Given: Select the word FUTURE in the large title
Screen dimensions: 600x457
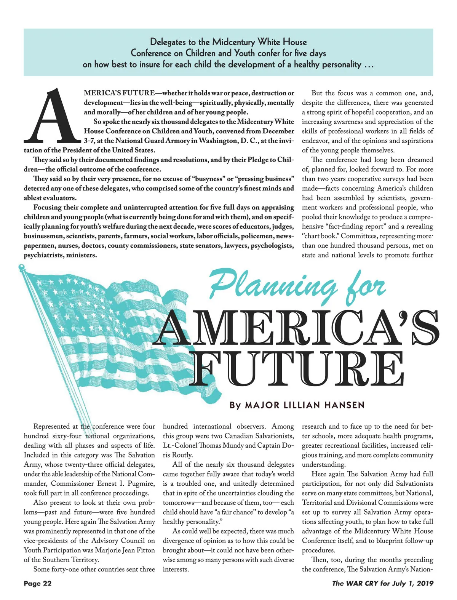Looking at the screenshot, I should [x=297, y=368].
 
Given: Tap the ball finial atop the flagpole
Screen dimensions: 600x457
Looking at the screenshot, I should [x=21, y=267].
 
